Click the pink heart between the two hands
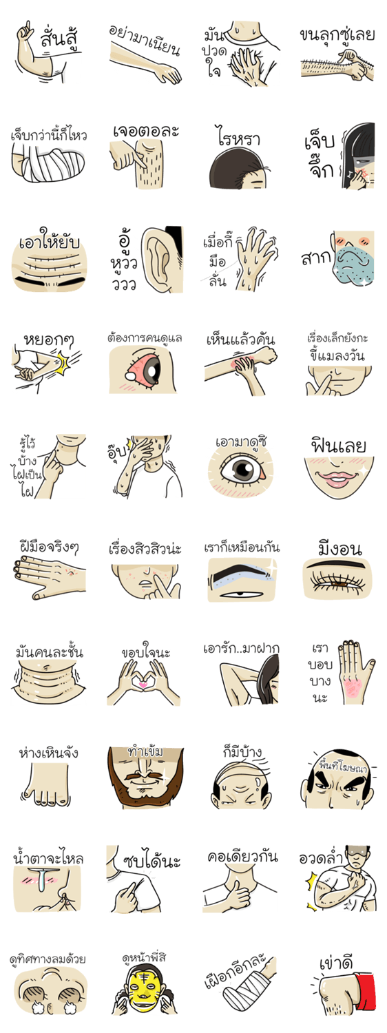click(x=143, y=686)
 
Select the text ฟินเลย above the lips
click(x=339, y=446)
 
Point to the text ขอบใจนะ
click(x=146, y=652)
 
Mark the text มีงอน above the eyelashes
click(x=340, y=548)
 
